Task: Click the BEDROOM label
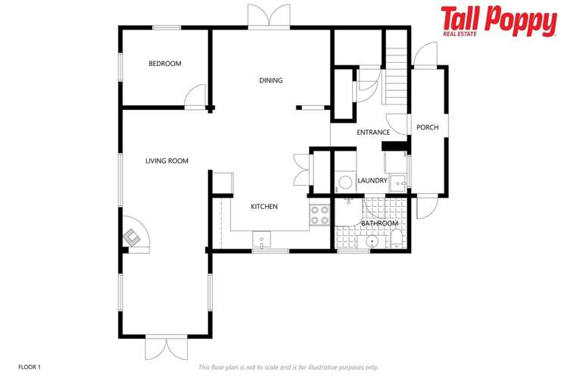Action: [165, 64]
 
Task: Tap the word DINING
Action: [270, 81]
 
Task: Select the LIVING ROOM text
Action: [167, 161]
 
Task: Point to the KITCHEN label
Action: [264, 207]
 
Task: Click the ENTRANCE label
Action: [372, 133]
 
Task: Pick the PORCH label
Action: [428, 127]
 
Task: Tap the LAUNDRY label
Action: [372, 180]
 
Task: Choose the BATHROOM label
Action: [379, 223]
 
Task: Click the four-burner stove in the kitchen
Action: [319, 215]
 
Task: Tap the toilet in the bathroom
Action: [397, 241]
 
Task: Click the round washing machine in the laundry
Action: [345, 182]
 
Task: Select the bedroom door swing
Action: [196, 95]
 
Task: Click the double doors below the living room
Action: [166, 348]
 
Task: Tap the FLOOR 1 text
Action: [29, 367]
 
